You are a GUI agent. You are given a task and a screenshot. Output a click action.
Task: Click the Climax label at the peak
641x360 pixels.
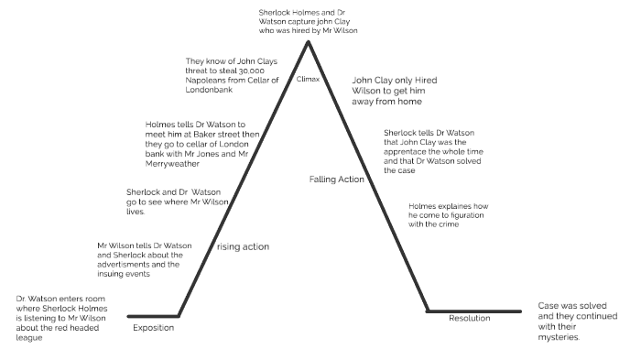309,80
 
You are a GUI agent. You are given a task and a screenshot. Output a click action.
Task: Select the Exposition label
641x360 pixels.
153,327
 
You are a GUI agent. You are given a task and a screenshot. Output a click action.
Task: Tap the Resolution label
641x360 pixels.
469,319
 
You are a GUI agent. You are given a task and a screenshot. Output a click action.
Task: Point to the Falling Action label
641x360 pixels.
337,180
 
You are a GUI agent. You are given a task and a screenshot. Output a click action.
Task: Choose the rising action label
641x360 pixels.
243,246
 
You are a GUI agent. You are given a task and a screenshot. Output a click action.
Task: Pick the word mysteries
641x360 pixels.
560,337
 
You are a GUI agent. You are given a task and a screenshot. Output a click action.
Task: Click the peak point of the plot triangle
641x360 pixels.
309,39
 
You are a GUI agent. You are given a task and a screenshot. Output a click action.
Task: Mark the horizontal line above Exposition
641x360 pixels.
153,315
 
